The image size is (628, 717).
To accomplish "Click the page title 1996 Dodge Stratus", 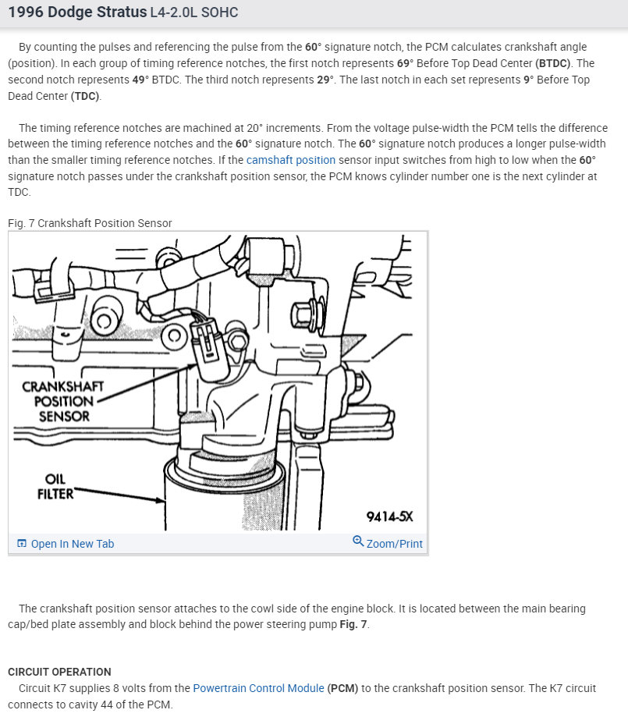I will point(76,12).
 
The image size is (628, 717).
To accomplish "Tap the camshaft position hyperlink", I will point(291,160).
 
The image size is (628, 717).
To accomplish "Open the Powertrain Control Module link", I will point(258,688).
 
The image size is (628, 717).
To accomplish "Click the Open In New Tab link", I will point(72,544).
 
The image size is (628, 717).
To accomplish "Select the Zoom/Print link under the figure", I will point(394,544).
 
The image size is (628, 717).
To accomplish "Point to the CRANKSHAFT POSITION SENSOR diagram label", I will point(63,401).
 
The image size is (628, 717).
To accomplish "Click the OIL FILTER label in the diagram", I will point(55,486).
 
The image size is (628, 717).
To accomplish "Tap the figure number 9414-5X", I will point(389,516).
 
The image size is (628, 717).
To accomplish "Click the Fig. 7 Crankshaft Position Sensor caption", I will point(90,223).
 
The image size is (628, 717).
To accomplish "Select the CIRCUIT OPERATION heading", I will point(59,672).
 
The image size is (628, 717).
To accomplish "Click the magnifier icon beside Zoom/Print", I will point(358,541).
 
